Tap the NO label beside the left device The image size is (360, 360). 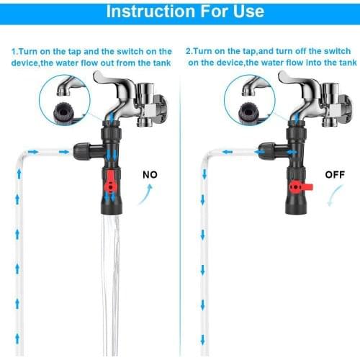coord(150,174)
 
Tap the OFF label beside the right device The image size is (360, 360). coord(333,174)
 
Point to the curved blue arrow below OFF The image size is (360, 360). coord(333,196)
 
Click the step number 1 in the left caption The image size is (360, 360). coord(14,52)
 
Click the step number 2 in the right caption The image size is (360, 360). coord(189,52)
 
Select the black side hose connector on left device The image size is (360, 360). coord(81,152)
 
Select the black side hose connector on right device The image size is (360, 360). coord(265,152)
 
